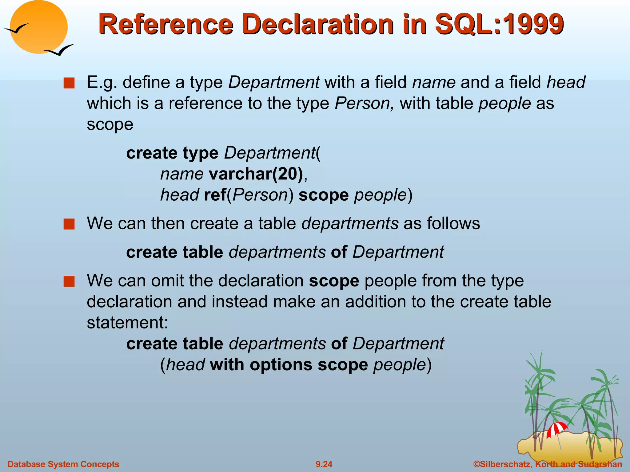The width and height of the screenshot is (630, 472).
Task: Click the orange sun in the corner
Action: (38, 27)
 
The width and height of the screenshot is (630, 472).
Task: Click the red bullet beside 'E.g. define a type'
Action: (69, 83)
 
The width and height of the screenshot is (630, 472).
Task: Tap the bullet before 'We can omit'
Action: (69, 281)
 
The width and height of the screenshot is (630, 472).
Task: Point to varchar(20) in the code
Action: (256, 174)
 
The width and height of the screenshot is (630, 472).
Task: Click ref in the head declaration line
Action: (215, 195)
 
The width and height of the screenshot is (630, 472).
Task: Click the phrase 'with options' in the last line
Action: (261, 365)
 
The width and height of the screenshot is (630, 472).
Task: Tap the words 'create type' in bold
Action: (172, 153)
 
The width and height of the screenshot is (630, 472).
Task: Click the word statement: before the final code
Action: (127, 323)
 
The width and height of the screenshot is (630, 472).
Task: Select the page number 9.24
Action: (324, 464)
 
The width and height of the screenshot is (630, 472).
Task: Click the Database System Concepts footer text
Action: (63, 464)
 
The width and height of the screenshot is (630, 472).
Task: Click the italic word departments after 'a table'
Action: (350, 223)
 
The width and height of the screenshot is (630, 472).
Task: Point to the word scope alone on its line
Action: (110, 124)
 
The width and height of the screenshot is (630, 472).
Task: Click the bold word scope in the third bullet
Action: (334, 281)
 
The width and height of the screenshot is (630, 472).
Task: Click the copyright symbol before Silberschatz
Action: (476, 464)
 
